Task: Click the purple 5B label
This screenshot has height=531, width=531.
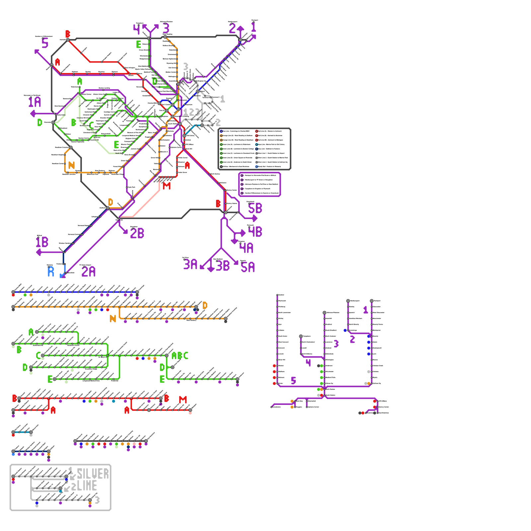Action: pyautogui.click(x=255, y=208)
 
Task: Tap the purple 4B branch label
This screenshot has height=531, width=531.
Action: pyautogui.click(x=255, y=232)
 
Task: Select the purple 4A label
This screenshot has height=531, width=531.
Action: pyautogui.click(x=246, y=248)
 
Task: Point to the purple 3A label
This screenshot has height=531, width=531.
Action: pyautogui.click(x=190, y=265)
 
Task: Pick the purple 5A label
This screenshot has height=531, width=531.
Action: pyautogui.click(x=248, y=267)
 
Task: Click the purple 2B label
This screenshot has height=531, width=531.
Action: pyautogui.click(x=137, y=233)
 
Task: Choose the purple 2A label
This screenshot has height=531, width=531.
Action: pyautogui.click(x=88, y=272)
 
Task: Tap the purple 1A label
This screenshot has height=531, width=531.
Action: pyautogui.click(x=35, y=102)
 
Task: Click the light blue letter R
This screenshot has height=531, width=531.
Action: pyautogui.click(x=51, y=272)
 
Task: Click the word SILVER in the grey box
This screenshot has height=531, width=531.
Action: pyautogui.click(x=93, y=474)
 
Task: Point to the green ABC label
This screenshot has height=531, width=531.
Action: pyautogui.click(x=180, y=356)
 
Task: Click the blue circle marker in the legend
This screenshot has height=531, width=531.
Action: pyautogui.click(x=221, y=131)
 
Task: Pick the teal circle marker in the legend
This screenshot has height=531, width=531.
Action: pyautogui.click(x=257, y=144)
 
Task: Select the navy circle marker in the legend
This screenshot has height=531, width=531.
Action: pyautogui.click(x=257, y=149)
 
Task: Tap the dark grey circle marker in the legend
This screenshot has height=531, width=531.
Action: pyautogui.click(x=221, y=167)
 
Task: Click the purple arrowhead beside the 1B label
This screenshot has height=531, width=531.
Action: pyautogui.click(x=38, y=253)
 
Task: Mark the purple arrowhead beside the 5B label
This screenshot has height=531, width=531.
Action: pyautogui.click(x=255, y=218)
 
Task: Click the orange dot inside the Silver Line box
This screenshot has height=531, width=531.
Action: pyautogui.click(x=90, y=503)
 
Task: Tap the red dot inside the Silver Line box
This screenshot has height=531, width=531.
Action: pyautogui.click(x=13, y=480)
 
